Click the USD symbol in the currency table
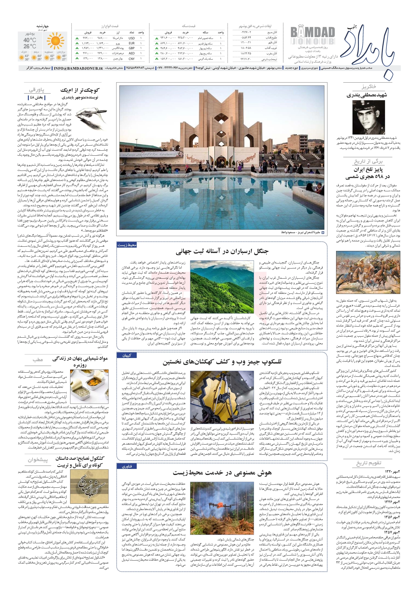[x=131, y=38]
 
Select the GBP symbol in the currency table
[x=132, y=48]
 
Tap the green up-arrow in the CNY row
[x=77, y=59]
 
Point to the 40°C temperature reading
[x=30, y=40]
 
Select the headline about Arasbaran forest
[x=222, y=251]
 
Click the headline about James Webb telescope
[x=222, y=362]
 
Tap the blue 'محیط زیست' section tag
[x=127, y=245]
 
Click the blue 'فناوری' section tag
[x=127, y=466]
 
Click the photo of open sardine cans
[x=89, y=387]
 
